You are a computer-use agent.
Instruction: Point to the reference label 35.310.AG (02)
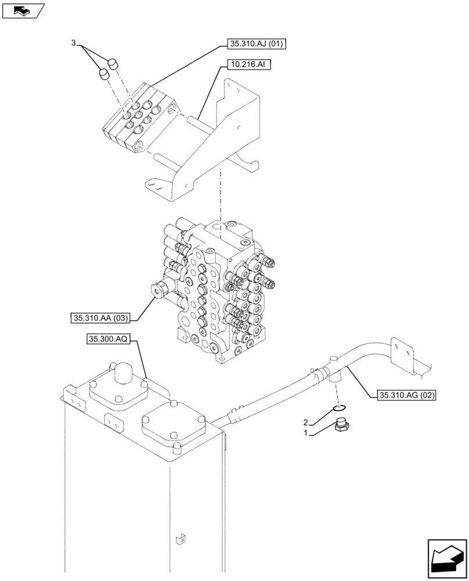(407, 396)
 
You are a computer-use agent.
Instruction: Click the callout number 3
(73, 43)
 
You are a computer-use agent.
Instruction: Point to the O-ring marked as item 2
(340, 407)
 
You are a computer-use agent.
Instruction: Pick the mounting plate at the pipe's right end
(402, 354)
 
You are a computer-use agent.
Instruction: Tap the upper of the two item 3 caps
(113, 63)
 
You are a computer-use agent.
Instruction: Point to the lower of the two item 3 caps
(103, 74)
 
